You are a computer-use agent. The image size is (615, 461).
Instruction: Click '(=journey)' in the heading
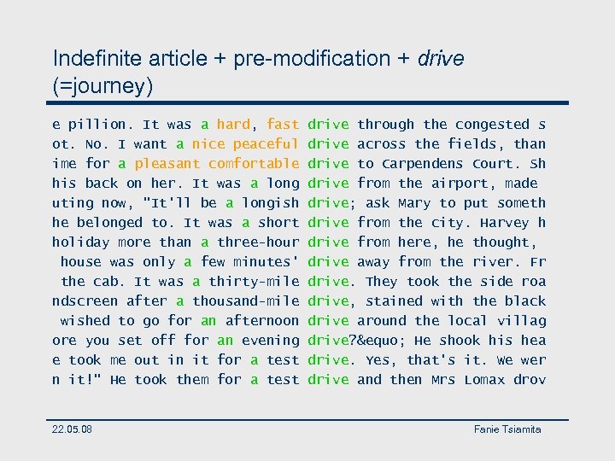(x=103, y=86)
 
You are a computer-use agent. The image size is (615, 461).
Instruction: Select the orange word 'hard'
(x=233, y=125)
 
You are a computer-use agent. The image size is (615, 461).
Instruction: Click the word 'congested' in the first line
(x=493, y=125)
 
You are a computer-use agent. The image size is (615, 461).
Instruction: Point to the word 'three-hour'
(x=258, y=242)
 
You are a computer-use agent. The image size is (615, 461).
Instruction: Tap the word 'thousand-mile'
(x=245, y=301)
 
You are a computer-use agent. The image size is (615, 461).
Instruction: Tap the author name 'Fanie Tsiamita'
(x=507, y=429)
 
